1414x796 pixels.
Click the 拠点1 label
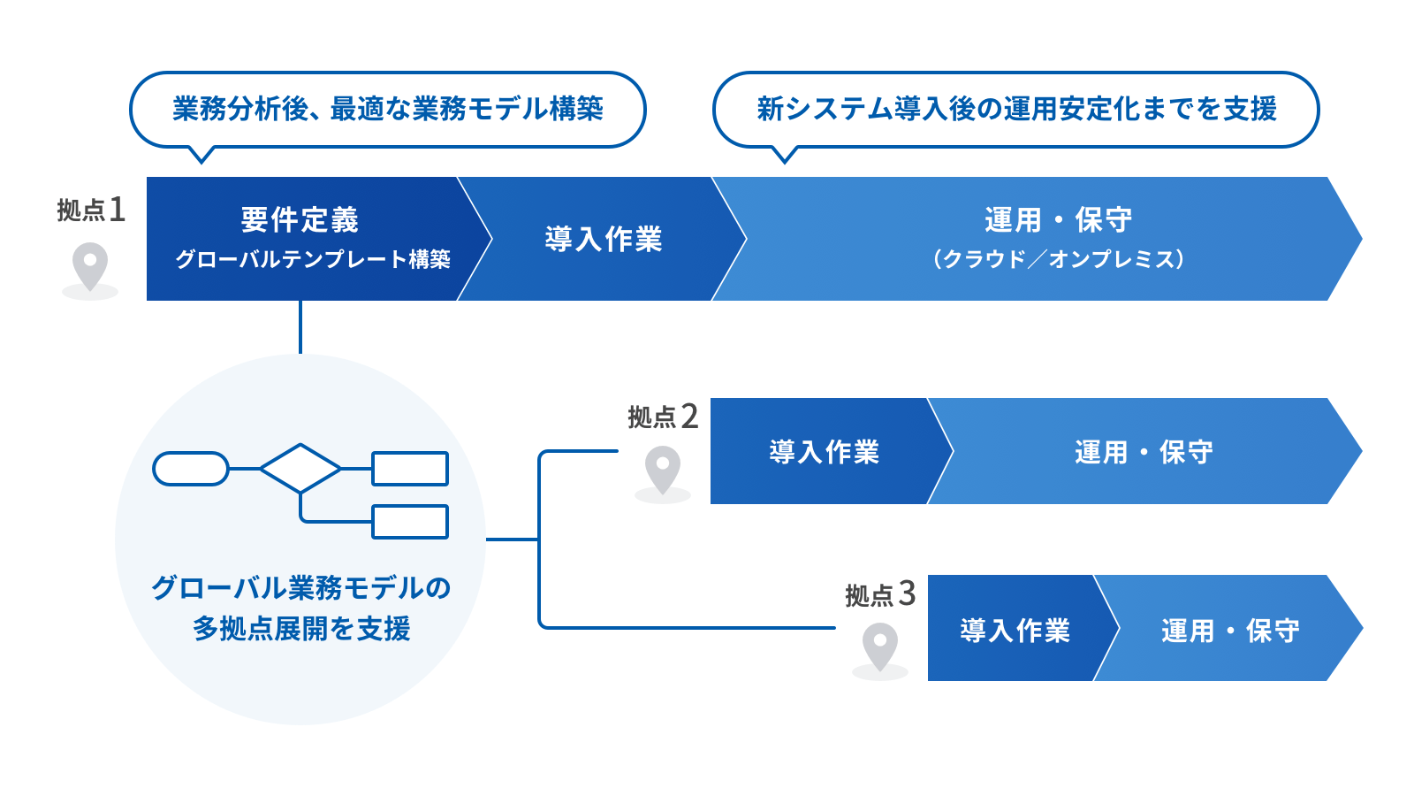click(x=91, y=210)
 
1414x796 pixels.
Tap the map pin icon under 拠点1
click(x=90, y=265)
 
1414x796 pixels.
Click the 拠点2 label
click(x=663, y=417)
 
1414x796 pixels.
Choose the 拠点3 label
click(x=880, y=594)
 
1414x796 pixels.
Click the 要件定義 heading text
click(x=300, y=219)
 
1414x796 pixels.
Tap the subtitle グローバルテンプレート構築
click(x=313, y=259)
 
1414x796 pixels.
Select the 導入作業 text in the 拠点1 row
click(x=604, y=239)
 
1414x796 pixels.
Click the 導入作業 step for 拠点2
click(x=824, y=452)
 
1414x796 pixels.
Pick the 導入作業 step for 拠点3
click(x=1015, y=630)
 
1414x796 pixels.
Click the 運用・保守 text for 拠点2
click(x=1144, y=452)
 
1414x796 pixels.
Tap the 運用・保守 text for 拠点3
click(x=1230, y=630)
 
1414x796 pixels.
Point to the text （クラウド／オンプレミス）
click(x=1059, y=259)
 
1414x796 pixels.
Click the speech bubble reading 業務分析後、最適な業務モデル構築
click(x=388, y=109)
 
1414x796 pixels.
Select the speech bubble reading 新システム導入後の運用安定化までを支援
click(x=1016, y=109)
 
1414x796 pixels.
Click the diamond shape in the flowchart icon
click(x=300, y=468)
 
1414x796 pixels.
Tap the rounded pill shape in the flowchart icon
click(x=191, y=469)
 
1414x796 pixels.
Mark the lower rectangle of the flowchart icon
click(x=410, y=522)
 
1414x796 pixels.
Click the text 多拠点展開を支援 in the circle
click(x=301, y=628)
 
